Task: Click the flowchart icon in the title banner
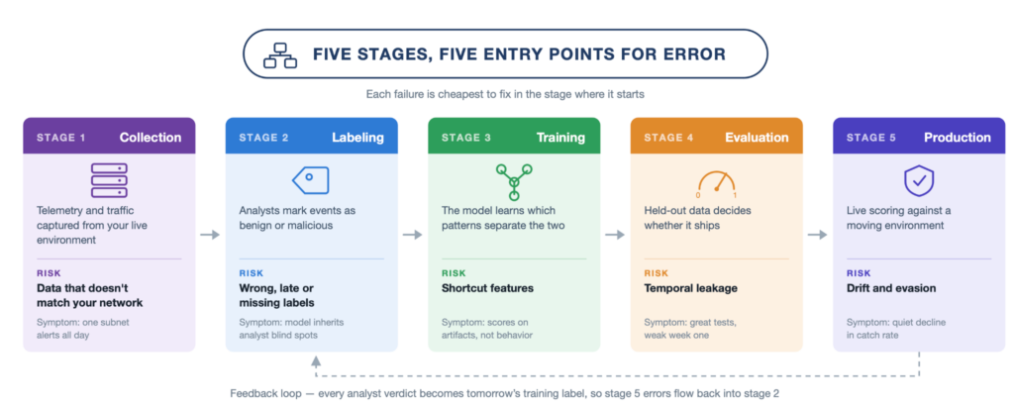tap(280, 55)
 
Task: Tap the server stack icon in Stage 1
tap(109, 180)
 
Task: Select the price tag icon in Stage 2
tap(311, 180)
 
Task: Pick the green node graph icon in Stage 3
tap(514, 182)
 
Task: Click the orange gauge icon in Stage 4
tap(717, 183)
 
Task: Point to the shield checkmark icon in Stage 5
tap(918, 180)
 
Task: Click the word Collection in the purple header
tap(151, 138)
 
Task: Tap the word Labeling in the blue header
tap(357, 138)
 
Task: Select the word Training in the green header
tap(560, 138)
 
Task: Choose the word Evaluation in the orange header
tap(757, 138)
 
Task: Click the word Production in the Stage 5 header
tap(958, 138)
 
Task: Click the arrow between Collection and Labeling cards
tap(210, 235)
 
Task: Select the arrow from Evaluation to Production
tap(817, 235)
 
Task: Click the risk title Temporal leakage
tap(690, 288)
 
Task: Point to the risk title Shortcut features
tap(487, 288)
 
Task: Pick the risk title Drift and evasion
tap(891, 288)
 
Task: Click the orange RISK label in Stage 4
tap(656, 273)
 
